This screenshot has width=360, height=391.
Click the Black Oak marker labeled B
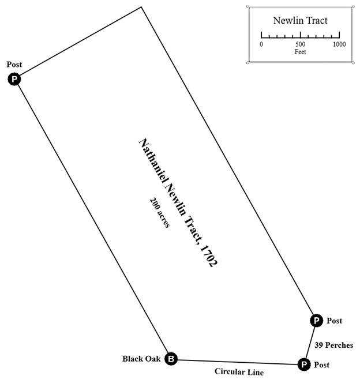(x=171, y=359)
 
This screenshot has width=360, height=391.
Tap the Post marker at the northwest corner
(x=14, y=79)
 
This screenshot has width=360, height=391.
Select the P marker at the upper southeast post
(x=316, y=321)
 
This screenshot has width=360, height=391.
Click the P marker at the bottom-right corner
(x=303, y=364)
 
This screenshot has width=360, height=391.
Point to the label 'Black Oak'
(x=141, y=359)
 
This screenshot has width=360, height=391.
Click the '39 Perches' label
(x=334, y=345)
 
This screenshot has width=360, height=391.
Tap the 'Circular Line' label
(x=239, y=372)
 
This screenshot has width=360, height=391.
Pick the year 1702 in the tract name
(x=208, y=254)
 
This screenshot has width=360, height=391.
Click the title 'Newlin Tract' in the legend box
(x=300, y=21)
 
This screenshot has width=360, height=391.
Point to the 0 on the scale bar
(x=261, y=44)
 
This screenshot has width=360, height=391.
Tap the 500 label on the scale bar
(x=300, y=44)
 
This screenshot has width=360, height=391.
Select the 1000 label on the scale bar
(x=339, y=44)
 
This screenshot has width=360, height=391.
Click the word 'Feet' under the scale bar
(x=300, y=52)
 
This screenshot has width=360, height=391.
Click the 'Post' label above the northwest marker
(x=14, y=64)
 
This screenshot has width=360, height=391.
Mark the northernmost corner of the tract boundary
(x=141, y=7)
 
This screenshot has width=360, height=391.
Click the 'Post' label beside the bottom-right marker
(x=321, y=365)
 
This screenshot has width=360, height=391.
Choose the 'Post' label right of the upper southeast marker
(x=334, y=321)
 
